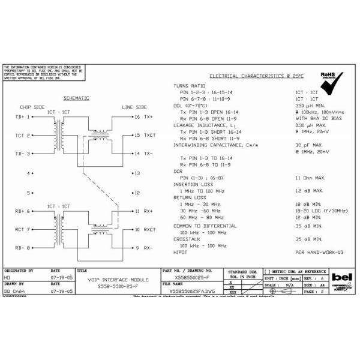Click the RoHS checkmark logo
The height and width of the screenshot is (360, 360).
pyautogui.click(x=332, y=85)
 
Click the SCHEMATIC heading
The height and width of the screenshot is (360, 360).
pyautogui.click(x=76, y=98)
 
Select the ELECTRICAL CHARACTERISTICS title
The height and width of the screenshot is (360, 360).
pyautogui.click(x=257, y=76)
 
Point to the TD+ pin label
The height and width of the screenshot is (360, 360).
pyautogui.click(x=20, y=116)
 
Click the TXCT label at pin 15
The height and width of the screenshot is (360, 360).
pyautogui.click(x=149, y=136)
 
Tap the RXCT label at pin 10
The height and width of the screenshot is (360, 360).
pyautogui.click(x=149, y=229)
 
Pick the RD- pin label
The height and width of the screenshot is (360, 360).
pyautogui.click(x=20, y=248)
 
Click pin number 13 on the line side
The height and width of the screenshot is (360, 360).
pyautogui.click(x=137, y=173)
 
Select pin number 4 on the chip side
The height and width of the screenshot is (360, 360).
pyautogui.click(x=28, y=173)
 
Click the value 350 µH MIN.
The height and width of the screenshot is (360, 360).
pyautogui.click(x=310, y=105)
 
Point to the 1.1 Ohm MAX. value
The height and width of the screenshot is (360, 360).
pyautogui.click(x=310, y=178)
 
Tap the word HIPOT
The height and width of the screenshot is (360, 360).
pyautogui.click(x=182, y=253)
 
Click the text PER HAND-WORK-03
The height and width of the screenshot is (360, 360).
pyautogui.click(x=319, y=253)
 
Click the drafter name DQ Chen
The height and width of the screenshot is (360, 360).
pyautogui.click(x=14, y=291)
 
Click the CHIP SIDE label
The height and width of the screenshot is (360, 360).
pyautogui.click(x=32, y=107)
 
